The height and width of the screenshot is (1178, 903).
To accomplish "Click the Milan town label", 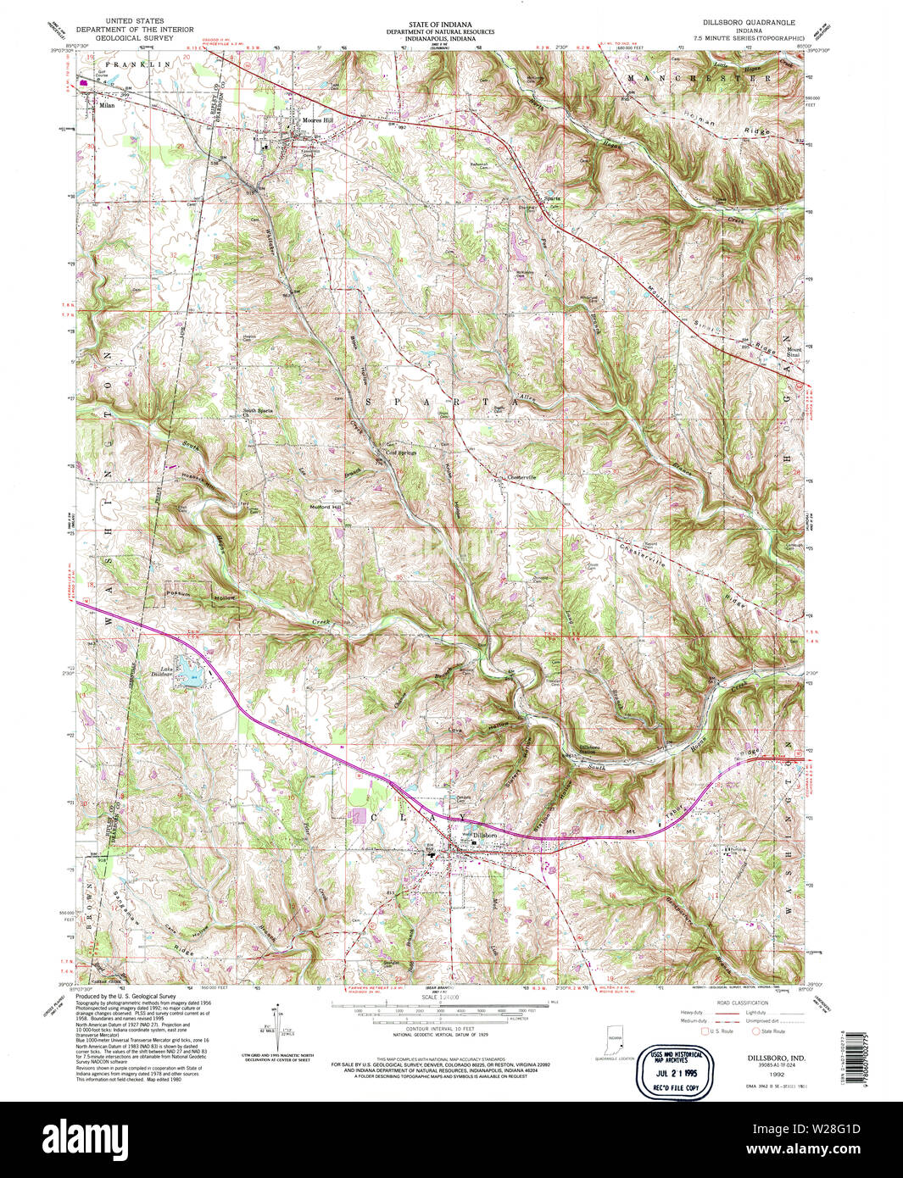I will [107, 106].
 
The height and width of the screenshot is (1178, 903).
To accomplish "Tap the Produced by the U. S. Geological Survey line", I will [126, 997].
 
